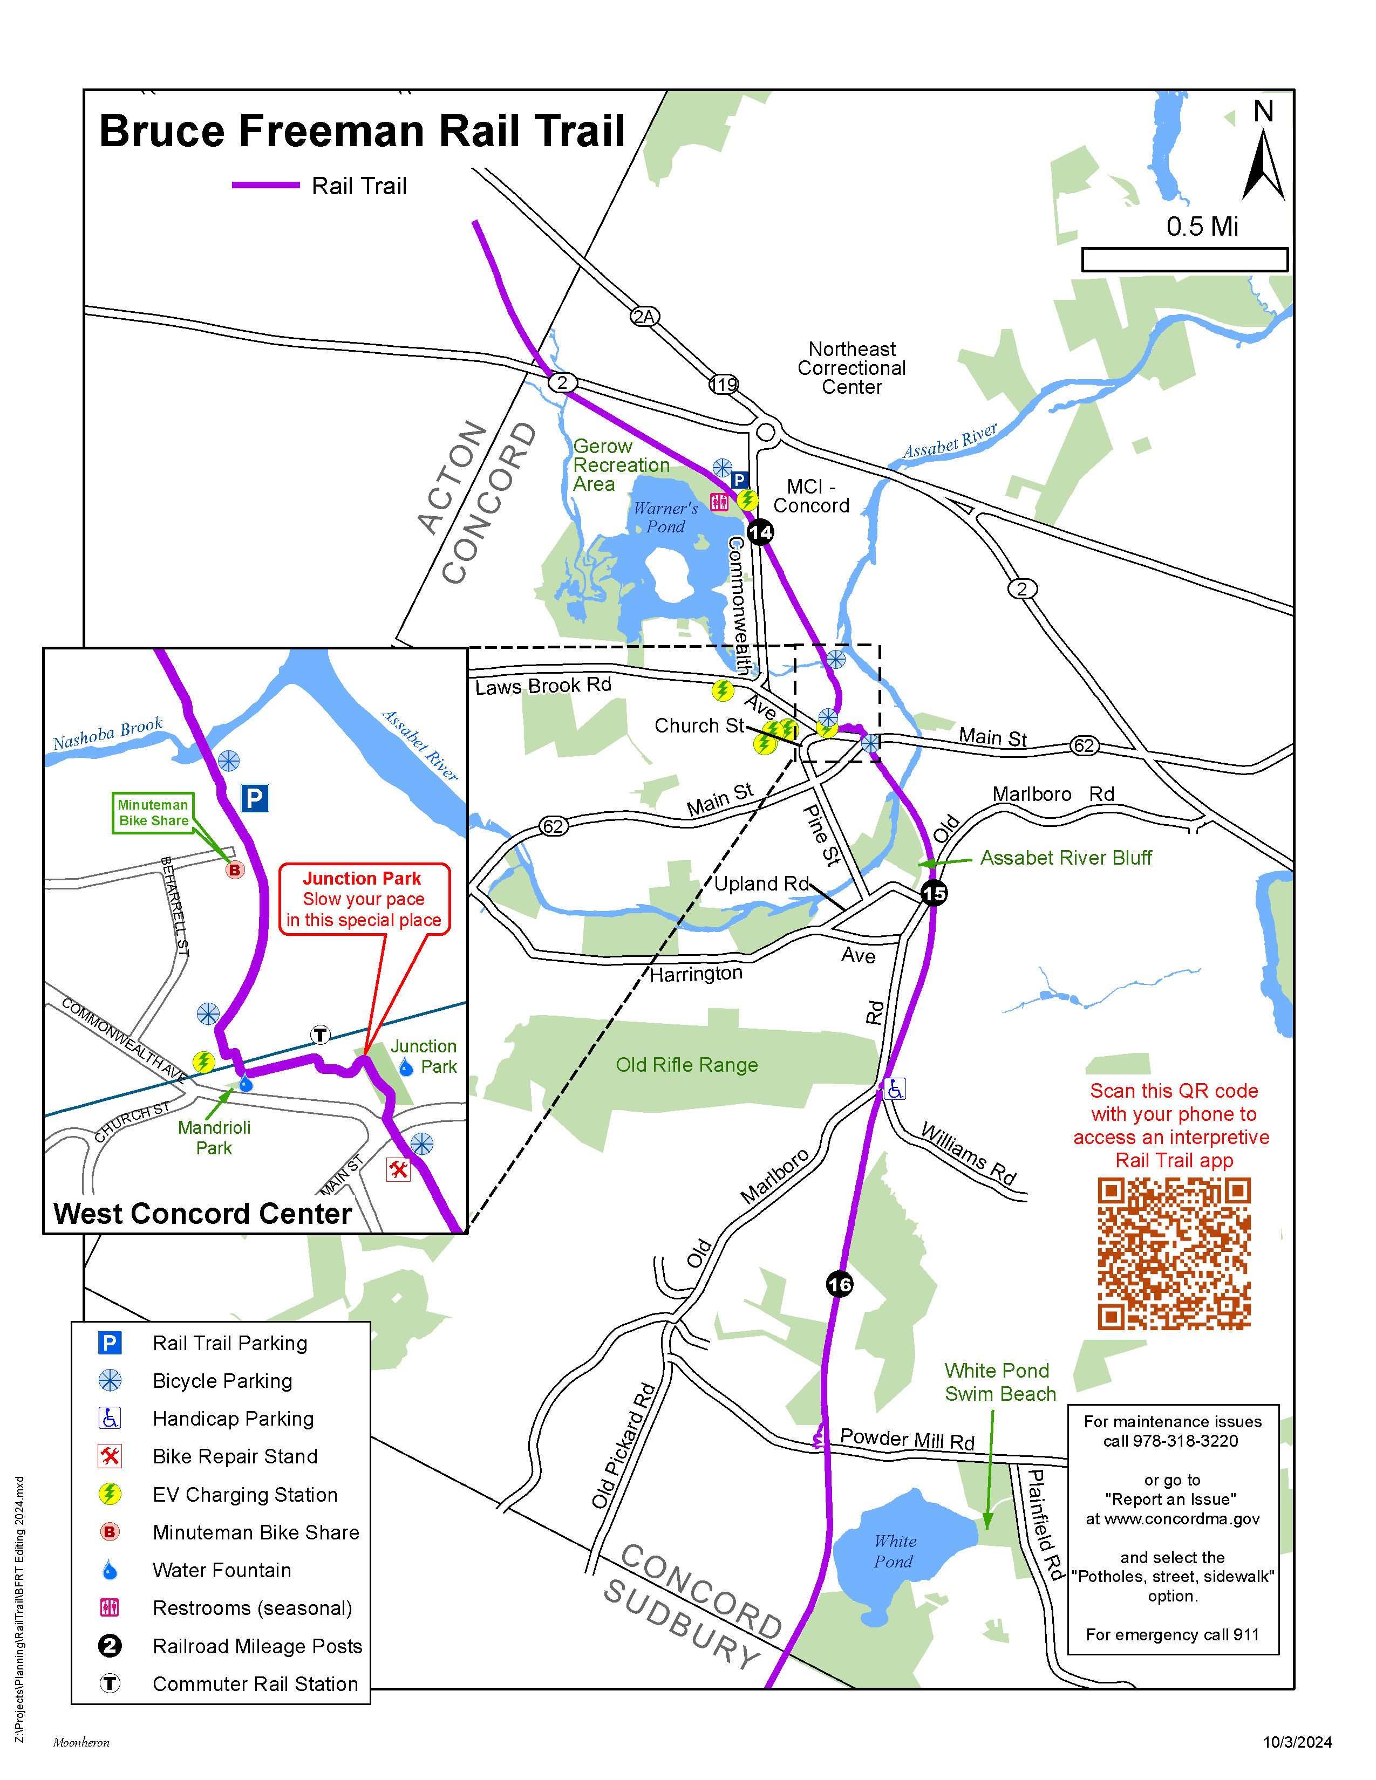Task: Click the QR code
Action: [x=1173, y=1254]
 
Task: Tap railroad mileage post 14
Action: [x=760, y=532]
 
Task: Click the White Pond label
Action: [x=894, y=1551]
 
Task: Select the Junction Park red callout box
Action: [x=364, y=899]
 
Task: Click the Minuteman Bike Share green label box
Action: [x=153, y=812]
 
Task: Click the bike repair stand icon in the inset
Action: [x=398, y=1169]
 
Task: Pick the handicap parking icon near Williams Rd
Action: [x=895, y=1089]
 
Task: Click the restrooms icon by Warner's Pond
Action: [x=719, y=501]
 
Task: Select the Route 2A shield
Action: [x=644, y=316]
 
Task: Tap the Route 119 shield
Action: [x=723, y=384]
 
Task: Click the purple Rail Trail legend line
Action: [x=265, y=185]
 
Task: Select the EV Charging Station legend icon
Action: [x=110, y=1494]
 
